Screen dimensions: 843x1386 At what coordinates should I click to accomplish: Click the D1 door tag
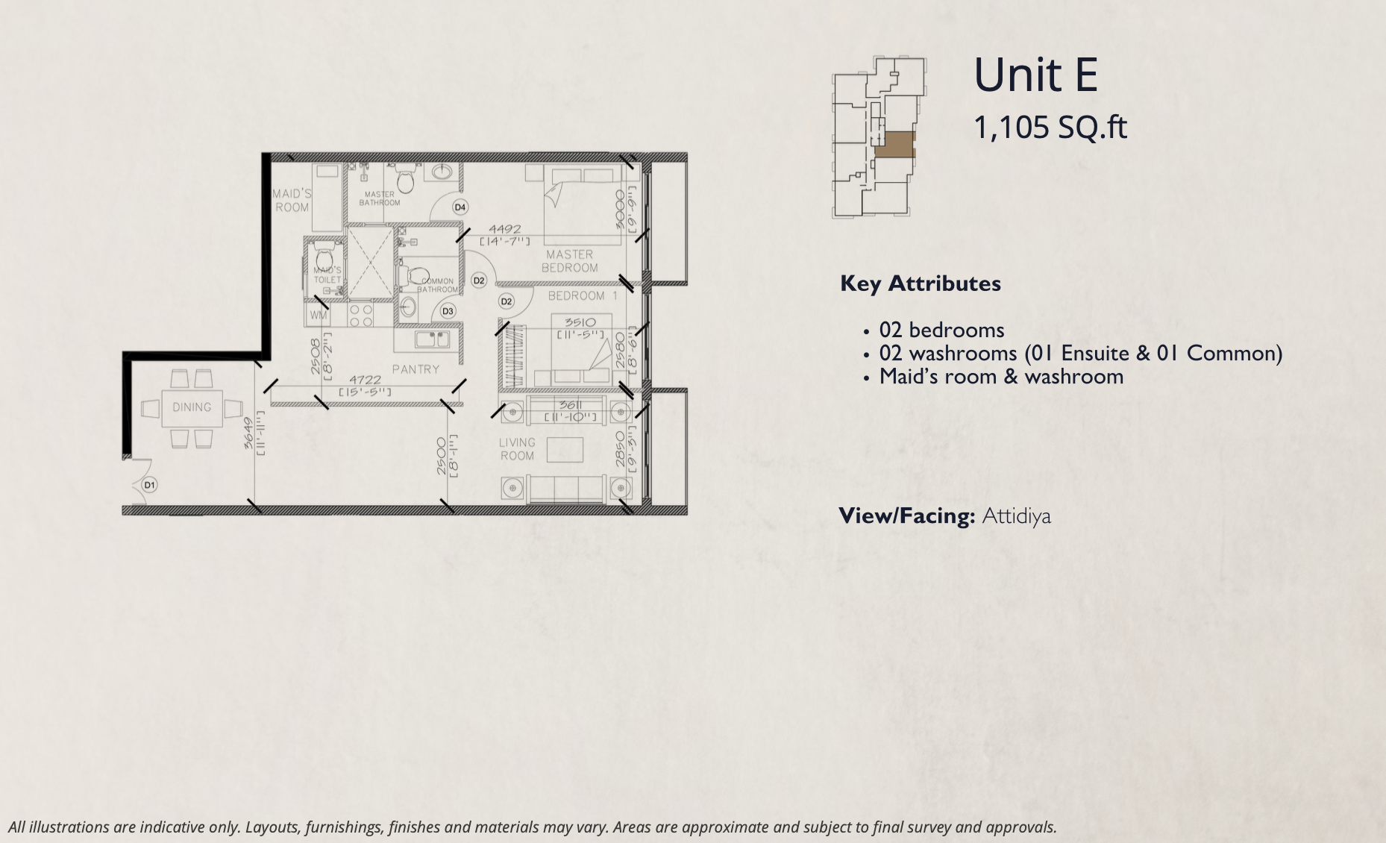pyautogui.click(x=150, y=485)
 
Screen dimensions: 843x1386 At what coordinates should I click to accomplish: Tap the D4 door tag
pyautogui.click(x=460, y=207)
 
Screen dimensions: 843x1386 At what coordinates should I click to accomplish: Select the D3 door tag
pyautogui.click(x=448, y=311)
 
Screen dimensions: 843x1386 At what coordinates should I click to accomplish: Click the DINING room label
pyautogui.click(x=192, y=407)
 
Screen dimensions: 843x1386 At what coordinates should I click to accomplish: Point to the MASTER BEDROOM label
pyautogui.click(x=570, y=261)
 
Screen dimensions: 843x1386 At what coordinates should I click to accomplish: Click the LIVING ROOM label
pyautogui.click(x=517, y=449)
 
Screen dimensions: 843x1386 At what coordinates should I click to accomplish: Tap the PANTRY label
pyautogui.click(x=416, y=369)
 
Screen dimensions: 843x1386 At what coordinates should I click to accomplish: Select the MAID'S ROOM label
pyautogui.click(x=292, y=201)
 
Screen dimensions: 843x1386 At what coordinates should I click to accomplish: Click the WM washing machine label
pyautogui.click(x=319, y=315)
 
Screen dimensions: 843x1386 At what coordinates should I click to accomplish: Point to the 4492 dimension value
pyautogui.click(x=505, y=230)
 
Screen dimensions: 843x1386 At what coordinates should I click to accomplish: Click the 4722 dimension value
pyautogui.click(x=366, y=380)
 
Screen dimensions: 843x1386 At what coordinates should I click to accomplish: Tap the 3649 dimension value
pyautogui.click(x=248, y=433)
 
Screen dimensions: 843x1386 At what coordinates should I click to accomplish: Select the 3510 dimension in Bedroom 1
pyautogui.click(x=580, y=323)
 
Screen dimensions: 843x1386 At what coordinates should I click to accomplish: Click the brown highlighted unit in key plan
pyautogui.click(x=894, y=145)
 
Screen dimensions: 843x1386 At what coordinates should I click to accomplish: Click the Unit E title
pyautogui.click(x=1035, y=75)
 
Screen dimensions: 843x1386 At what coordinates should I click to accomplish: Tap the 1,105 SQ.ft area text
pyautogui.click(x=1050, y=128)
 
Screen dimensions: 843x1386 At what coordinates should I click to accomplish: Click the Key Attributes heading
pyautogui.click(x=921, y=283)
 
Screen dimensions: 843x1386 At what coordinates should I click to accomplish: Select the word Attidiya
pyautogui.click(x=1016, y=516)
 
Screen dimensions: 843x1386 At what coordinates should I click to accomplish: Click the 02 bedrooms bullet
pyautogui.click(x=941, y=330)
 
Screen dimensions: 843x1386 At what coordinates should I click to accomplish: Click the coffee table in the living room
pyautogui.click(x=565, y=450)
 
